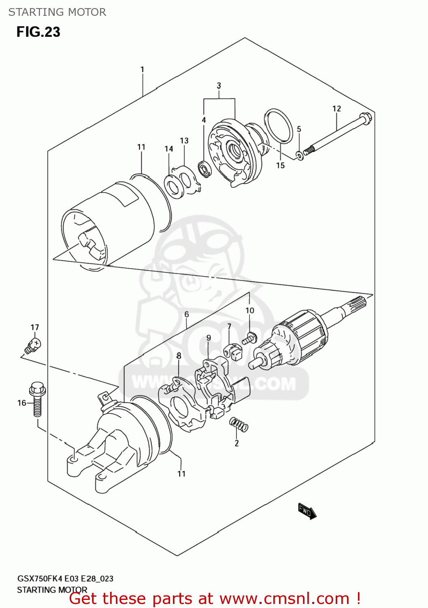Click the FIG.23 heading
click(38, 32)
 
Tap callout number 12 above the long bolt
click(336, 109)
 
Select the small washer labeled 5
click(299, 155)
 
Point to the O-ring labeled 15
click(279, 126)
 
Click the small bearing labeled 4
click(204, 167)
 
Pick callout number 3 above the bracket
click(219, 86)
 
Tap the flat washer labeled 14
click(174, 187)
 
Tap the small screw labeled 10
click(249, 338)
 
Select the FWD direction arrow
click(307, 512)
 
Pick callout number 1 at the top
click(142, 70)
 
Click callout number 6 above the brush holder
click(186, 314)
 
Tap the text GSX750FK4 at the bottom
click(40, 579)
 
